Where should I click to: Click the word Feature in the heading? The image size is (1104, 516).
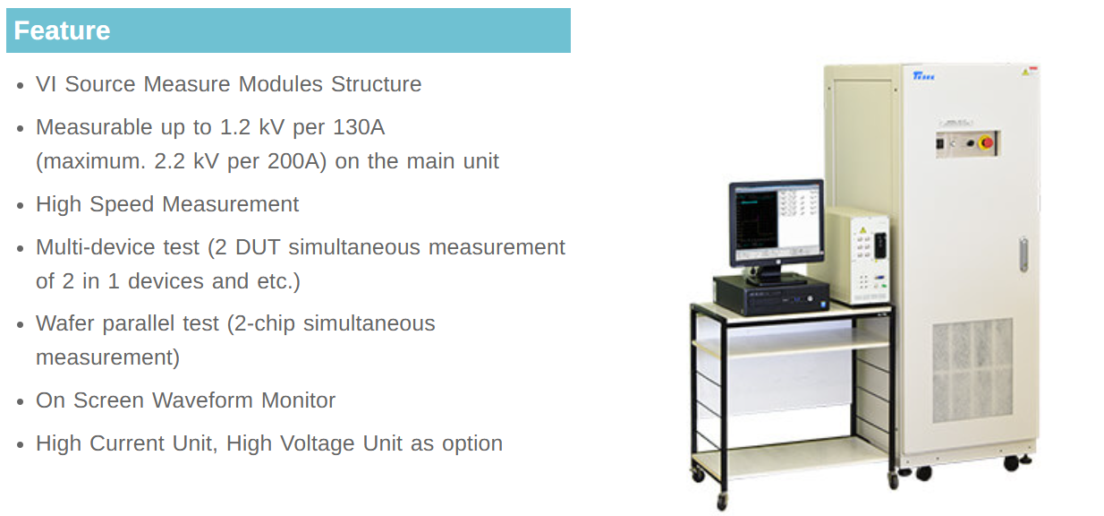(62, 30)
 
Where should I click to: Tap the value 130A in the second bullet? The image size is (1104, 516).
(359, 127)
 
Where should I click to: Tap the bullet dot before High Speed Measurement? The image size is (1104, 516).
(21, 205)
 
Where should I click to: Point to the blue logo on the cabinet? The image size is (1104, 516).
(923, 76)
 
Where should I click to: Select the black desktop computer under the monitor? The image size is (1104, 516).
(772, 295)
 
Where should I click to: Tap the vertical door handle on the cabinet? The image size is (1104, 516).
(1023, 254)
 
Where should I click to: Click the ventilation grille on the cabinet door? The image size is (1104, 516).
(972, 370)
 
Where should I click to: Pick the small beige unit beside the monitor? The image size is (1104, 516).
(859, 255)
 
